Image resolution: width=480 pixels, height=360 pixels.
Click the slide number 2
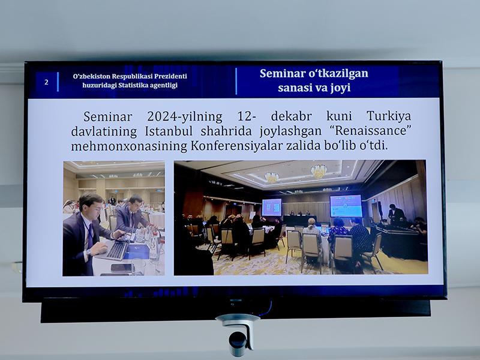[47, 82]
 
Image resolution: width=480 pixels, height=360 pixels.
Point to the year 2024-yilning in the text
[185, 116]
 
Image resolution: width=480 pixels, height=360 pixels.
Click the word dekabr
[291, 116]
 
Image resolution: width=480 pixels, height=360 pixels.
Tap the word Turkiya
[389, 116]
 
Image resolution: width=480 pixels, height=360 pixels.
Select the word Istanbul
[169, 131]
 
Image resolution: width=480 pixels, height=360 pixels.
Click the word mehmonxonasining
[129, 146]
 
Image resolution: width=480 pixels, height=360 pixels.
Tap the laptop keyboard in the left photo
[116, 251]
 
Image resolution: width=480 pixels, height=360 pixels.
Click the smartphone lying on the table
[121, 268]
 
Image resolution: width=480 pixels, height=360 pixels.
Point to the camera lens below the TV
[238, 343]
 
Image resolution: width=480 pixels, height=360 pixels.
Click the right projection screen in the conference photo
[346, 206]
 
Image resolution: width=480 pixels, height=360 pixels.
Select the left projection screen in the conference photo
[272, 207]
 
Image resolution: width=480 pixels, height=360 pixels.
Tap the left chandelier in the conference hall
[272, 177]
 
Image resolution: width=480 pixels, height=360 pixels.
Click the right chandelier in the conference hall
[319, 171]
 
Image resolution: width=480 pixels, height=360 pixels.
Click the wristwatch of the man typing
[88, 252]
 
